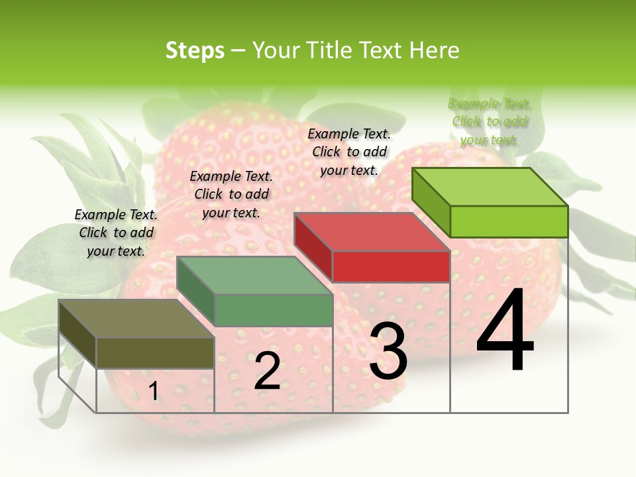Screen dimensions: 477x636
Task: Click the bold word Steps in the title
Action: pos(195,51)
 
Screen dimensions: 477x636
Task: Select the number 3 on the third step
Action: pos(388,351)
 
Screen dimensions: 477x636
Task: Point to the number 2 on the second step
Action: pos(267,371)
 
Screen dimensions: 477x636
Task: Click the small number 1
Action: pos(153,391)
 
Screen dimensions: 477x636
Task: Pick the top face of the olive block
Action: pos(136,319)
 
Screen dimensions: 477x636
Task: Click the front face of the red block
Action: pos(391,266)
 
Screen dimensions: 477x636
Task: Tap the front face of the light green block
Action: pos(509,221)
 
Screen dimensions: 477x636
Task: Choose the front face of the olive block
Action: pos(155,352)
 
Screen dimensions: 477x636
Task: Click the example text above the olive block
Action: pos(116,233)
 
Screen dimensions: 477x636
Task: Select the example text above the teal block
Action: pos(231,195)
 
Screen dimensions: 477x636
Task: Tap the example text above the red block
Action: pos(349,152)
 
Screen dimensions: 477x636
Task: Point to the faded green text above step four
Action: pos(490,122)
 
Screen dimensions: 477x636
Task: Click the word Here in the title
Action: pos(434,50)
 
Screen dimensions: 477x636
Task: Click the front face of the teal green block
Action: pos(273,310)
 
